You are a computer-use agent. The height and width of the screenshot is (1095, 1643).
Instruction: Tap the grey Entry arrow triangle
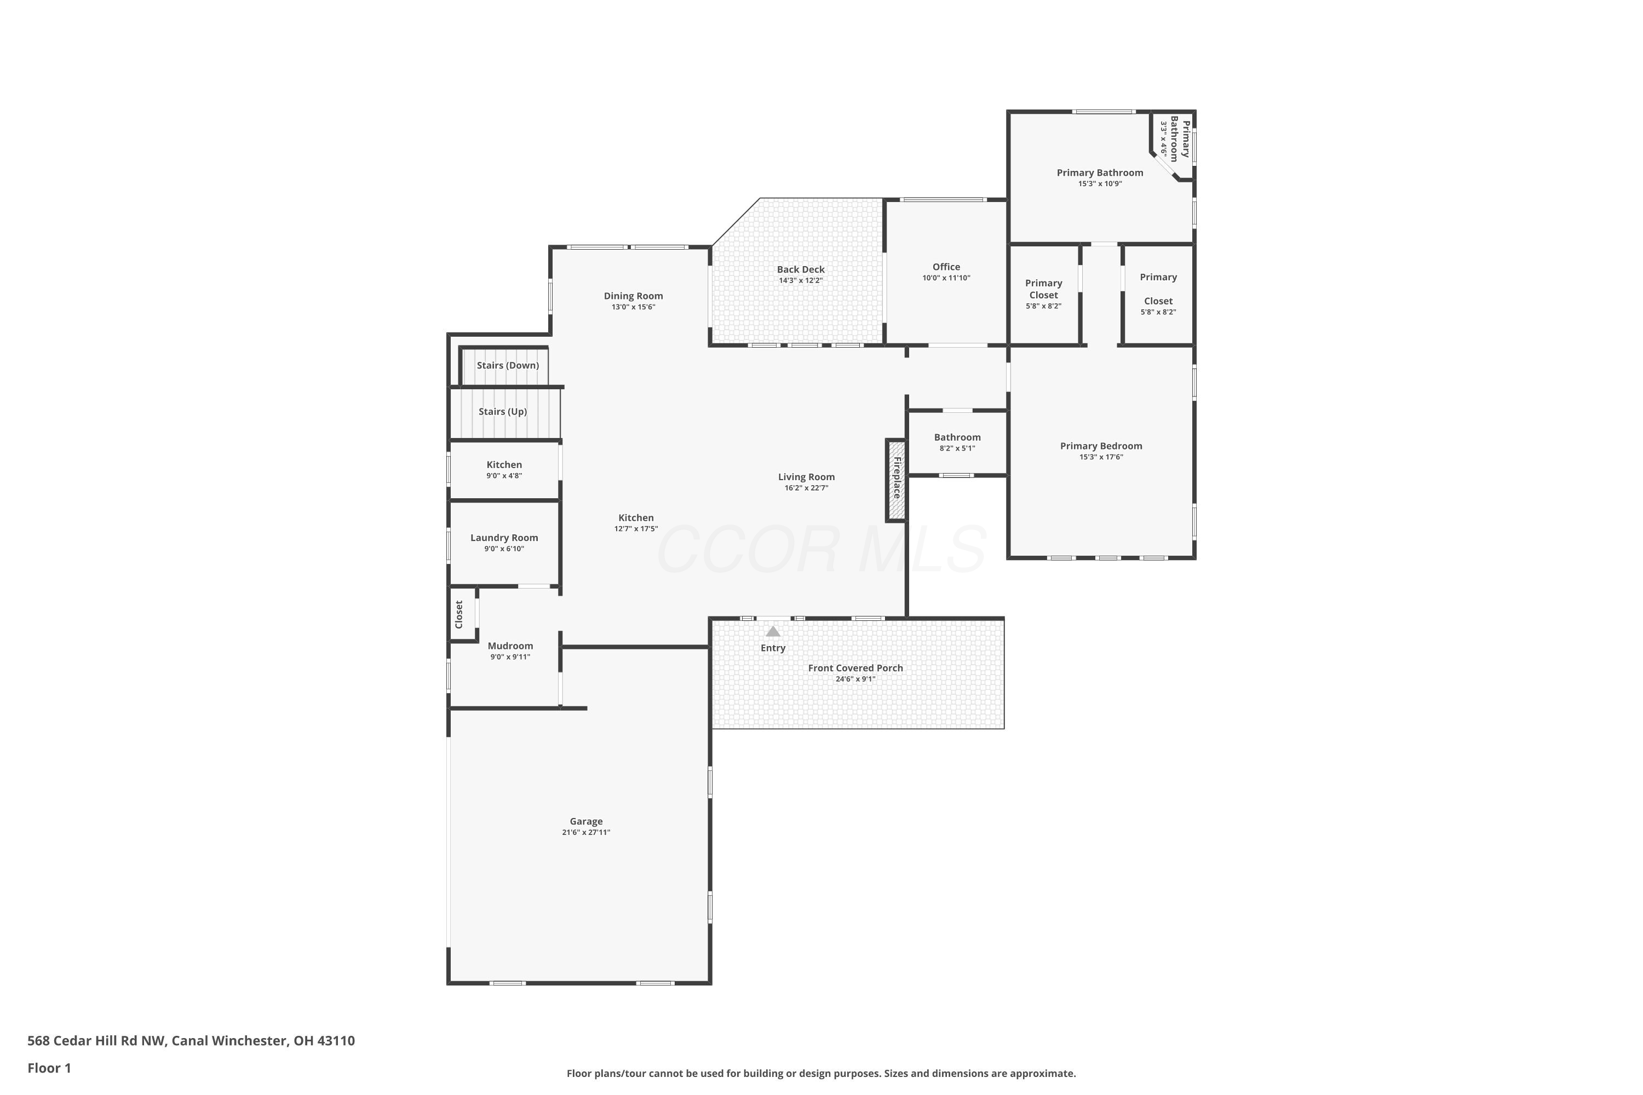tap(773, 631)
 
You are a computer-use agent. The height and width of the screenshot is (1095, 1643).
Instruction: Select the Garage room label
tap(586, 821)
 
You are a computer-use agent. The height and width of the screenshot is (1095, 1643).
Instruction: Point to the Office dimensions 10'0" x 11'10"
tap(946, 278)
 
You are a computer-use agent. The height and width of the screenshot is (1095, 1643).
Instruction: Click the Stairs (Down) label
tap(508, 365)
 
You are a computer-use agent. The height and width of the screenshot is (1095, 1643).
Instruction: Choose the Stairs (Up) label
tap(503, 411)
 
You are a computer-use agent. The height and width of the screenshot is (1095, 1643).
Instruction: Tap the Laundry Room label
tap(504, 538)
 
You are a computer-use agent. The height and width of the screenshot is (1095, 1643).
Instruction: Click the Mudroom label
tap(510, 646)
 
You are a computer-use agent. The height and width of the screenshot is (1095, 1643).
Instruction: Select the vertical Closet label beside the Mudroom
tap(459, 614)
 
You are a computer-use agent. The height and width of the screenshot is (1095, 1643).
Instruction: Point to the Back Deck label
tap(801, 269)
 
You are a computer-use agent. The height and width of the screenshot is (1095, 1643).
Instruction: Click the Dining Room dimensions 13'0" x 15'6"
tap(634, 307)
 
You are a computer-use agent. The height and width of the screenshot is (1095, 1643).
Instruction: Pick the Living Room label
tap(806, 477)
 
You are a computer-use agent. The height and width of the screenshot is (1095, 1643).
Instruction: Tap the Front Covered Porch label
tap(855, 668)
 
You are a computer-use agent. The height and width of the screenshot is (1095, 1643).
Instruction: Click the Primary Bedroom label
tap(1101, 446)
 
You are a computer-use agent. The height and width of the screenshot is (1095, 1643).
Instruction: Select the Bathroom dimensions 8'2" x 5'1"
tap(957, 448)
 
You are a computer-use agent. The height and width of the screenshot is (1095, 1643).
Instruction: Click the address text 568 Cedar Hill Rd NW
tap(96, 1041)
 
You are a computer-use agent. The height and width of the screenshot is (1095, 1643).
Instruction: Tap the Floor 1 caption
tap(49, 1068)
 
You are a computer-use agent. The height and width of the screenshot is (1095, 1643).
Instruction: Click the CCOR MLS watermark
tap(821, 550)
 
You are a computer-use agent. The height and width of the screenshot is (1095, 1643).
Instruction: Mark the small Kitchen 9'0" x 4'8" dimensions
tap(504, 476)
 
